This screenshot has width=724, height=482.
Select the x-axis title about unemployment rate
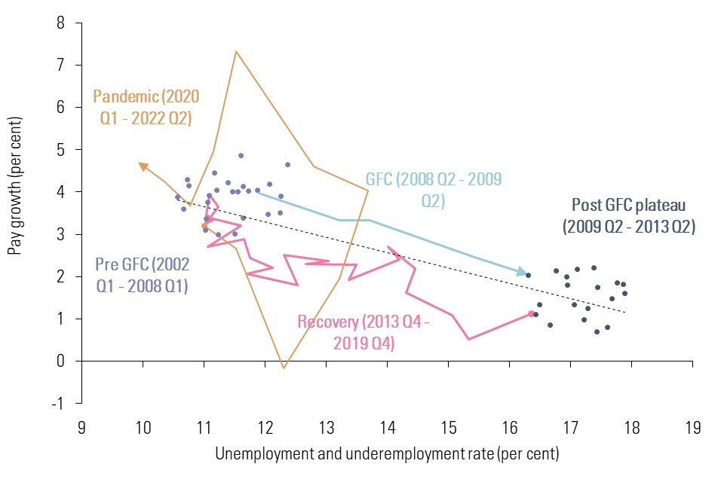[387, 455]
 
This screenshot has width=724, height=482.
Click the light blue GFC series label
[433, 190]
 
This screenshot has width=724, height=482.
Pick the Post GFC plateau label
[628, 215]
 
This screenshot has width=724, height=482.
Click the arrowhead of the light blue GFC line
[523, 273]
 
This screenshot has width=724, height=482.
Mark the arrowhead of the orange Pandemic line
[142, 164]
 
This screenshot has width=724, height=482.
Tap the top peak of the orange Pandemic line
[236, 51]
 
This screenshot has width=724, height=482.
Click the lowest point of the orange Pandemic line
[284, 368]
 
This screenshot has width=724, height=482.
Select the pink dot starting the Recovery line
[531, 313]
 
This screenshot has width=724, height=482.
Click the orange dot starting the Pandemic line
[204, 226]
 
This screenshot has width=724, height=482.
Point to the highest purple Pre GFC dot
[241, 156]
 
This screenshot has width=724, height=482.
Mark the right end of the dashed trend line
[625, 312]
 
